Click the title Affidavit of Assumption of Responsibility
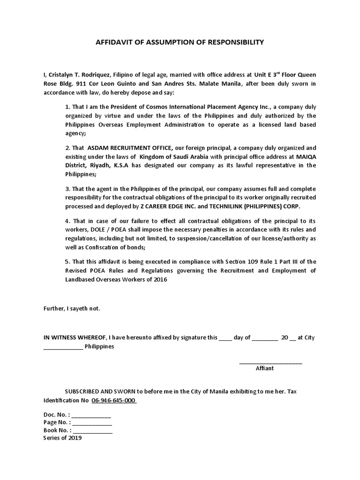[180, 42]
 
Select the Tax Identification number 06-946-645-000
[114, 401]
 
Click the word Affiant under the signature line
[264, 368]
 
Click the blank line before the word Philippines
[63, 347]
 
